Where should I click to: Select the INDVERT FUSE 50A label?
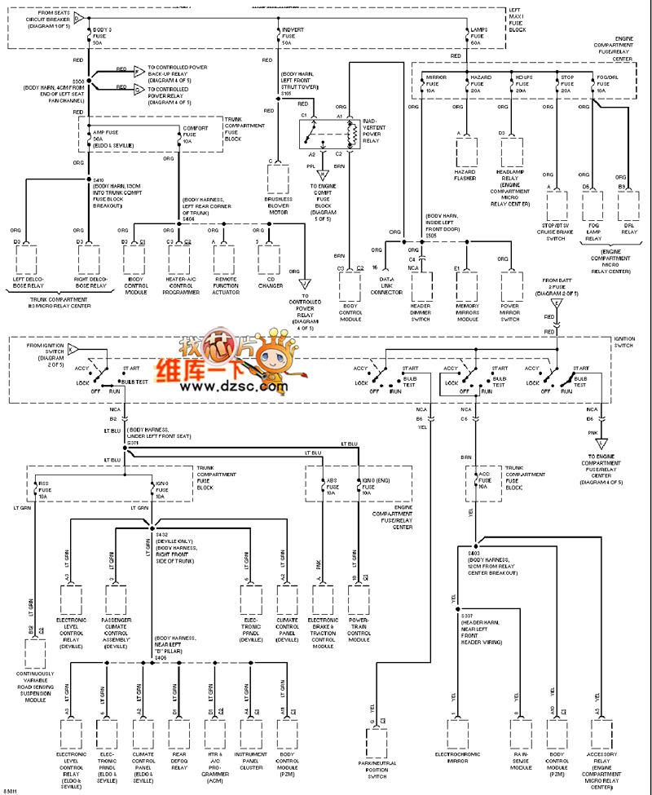(293, 36)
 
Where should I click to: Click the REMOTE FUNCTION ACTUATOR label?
(226, 286)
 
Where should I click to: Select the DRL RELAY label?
(628, 233)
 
